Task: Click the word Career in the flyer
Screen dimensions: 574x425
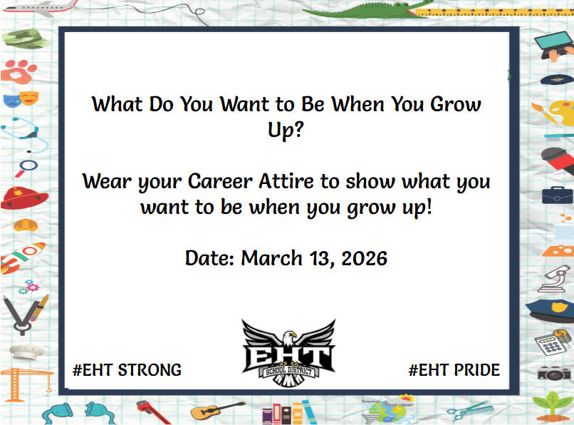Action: (220, 181)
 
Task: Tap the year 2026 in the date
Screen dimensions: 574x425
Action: (364, 258)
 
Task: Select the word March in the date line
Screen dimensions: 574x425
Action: (271, 258)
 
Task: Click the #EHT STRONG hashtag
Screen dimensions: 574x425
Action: (127, 370)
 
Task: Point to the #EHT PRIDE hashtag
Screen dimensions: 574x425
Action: (454, 370)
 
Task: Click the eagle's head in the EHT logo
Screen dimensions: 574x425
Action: (289, 338)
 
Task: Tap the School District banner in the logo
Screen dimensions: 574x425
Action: (289, 371)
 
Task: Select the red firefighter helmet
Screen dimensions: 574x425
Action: (24, 198)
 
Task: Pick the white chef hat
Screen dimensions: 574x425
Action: (26, 352)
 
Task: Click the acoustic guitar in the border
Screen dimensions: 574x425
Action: (218, 410)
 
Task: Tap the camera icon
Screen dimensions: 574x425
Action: (554, 373)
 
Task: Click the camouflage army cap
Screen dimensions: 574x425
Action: (26, 39)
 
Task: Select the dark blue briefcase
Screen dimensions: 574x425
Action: (557, 195)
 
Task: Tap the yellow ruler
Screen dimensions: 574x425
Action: (494, 12)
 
